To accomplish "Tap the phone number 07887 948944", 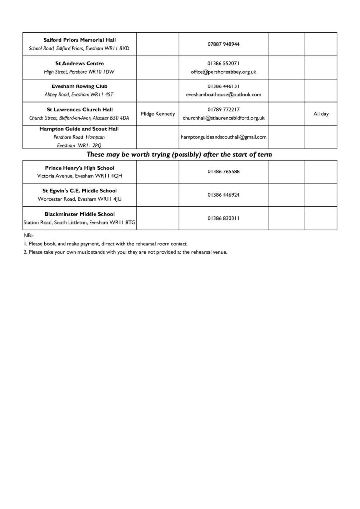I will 224,44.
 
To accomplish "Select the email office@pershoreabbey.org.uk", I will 224,72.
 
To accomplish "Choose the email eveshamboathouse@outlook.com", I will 224,94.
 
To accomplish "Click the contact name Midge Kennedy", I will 158,114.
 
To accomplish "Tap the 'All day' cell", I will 321,114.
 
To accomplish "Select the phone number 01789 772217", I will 224,109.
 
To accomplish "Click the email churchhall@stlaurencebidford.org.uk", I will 224,118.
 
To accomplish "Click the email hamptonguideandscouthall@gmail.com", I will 224,137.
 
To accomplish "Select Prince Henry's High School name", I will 80,168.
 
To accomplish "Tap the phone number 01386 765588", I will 224,172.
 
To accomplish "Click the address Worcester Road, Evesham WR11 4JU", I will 80,199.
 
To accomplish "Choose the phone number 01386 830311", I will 224,218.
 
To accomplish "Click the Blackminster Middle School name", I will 80,214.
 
